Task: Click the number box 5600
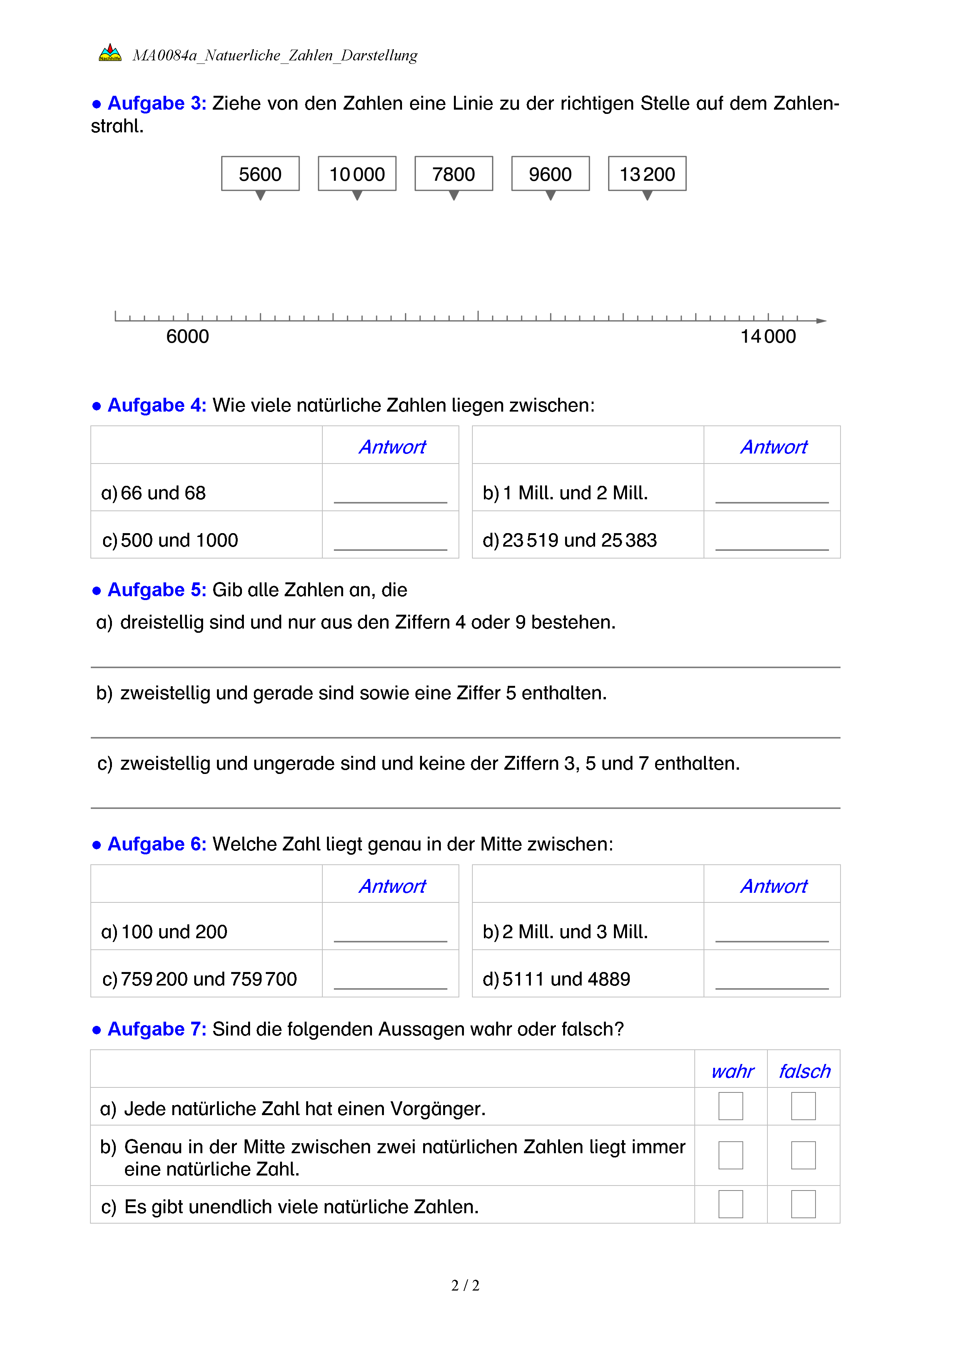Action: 260,174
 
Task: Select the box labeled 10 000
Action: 357,174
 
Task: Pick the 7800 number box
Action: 454,174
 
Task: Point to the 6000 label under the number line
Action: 187,337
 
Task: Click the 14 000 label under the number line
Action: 768,337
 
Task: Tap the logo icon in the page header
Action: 110,53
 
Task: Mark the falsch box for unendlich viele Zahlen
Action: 803,1204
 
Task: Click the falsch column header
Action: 804,1072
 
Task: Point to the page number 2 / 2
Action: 465,1286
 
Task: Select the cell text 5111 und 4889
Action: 566,979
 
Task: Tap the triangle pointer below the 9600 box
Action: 550,196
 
